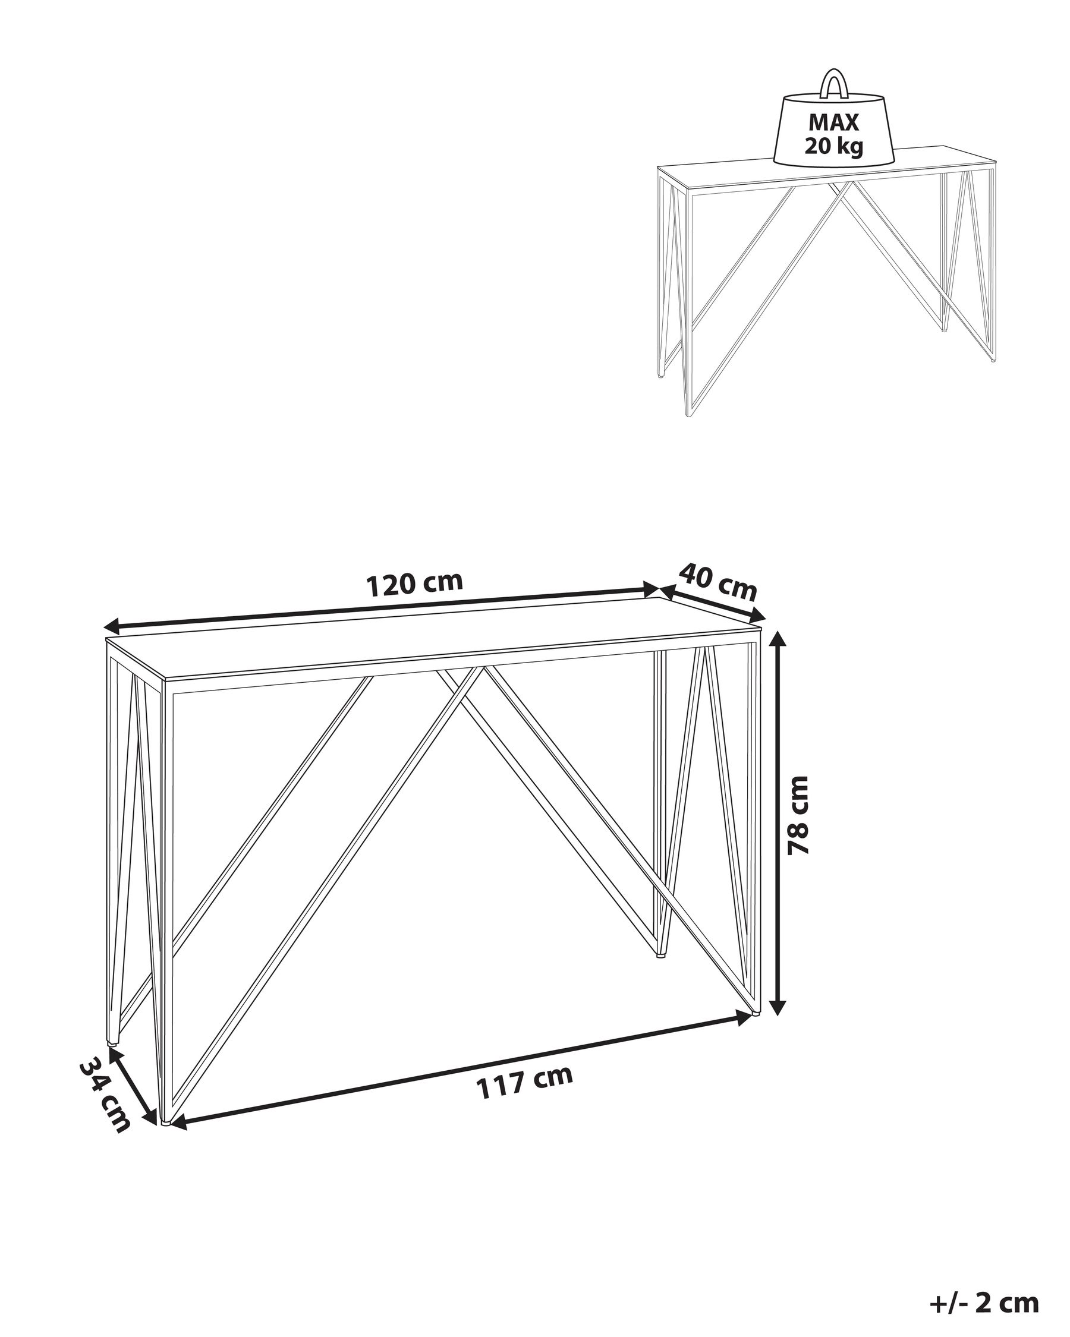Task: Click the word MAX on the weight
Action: (833, 123)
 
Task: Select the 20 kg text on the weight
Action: (833, 146)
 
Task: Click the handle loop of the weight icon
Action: (832, 84)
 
